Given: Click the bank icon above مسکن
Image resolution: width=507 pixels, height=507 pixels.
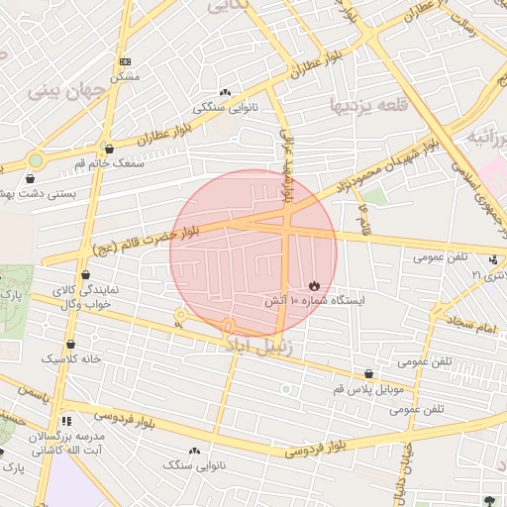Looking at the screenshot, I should pyautogui.click(x=124, y=61).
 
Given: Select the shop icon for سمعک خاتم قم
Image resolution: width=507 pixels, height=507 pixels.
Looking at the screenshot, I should pyautogui.click(x=109, y=149).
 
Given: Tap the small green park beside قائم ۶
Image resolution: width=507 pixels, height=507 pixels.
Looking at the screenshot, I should pyautogui.click(x=374, y=196).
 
